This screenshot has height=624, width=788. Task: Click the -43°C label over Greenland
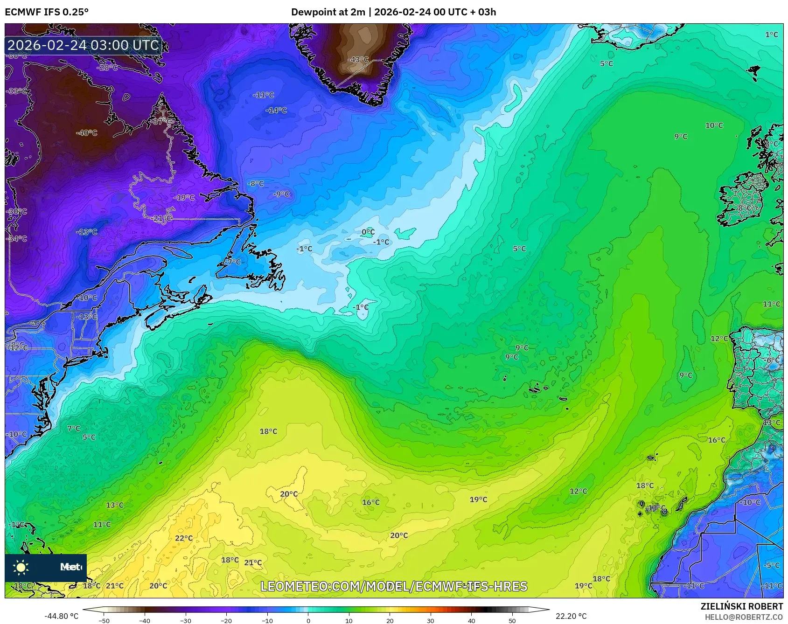[x=358, y=60]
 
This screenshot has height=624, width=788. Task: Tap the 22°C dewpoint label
[x=183, y=538]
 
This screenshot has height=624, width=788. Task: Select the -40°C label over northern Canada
[x=87, y=133]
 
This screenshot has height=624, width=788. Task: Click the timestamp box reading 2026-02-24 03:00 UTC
[x=84, y=45]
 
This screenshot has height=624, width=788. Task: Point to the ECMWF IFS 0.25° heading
[x=47, y=12]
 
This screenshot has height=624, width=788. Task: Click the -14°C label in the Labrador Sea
[x=276, y=111]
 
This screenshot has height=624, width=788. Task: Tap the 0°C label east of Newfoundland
[x=368, y=232]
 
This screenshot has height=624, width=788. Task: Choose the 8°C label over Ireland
[x=745, y=208]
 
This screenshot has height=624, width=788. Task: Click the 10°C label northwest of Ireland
[x=714, y=125]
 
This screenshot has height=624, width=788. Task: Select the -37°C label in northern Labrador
[x=159, y=121]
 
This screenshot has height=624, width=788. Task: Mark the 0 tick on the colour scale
[x=308, y=620]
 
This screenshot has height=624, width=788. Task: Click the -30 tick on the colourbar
[x=186, y=620]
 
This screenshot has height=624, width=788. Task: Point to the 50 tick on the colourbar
[x=512, y=620]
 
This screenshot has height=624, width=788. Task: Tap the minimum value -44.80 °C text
[x=61, y=616]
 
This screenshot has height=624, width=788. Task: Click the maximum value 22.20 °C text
[x=571, y=616]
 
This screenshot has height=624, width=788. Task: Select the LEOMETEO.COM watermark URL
[x=394, y=586]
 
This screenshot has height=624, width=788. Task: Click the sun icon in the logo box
[x=21, y=567]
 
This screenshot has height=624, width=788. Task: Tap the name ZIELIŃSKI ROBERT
[x=741, y=606]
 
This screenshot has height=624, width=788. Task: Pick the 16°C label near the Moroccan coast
[x=717, y=440]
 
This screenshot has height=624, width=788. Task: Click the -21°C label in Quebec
[x=162, y=218]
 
